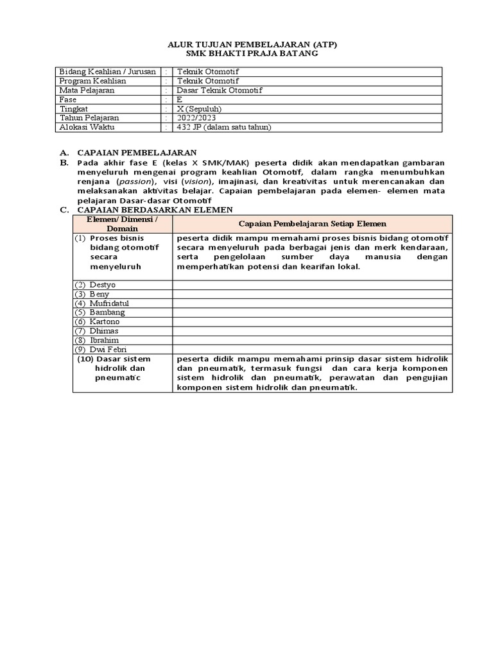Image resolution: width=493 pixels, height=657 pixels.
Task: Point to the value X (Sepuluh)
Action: tap(199, 109)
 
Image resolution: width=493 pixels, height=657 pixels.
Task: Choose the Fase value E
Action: tap(180, 100)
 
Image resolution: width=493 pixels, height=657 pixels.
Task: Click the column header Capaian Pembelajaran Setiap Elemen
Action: tap(313, 224)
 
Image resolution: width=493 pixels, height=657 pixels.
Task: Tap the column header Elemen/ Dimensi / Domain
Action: tap(122, 224)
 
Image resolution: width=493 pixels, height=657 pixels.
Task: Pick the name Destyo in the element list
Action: tap(103, 284)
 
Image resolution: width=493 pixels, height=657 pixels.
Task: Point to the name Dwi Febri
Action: tap(107, 349)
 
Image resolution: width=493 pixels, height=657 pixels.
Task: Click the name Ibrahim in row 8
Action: tap(104, 340)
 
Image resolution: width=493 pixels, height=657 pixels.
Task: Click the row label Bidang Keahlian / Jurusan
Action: tap(107, 72)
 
